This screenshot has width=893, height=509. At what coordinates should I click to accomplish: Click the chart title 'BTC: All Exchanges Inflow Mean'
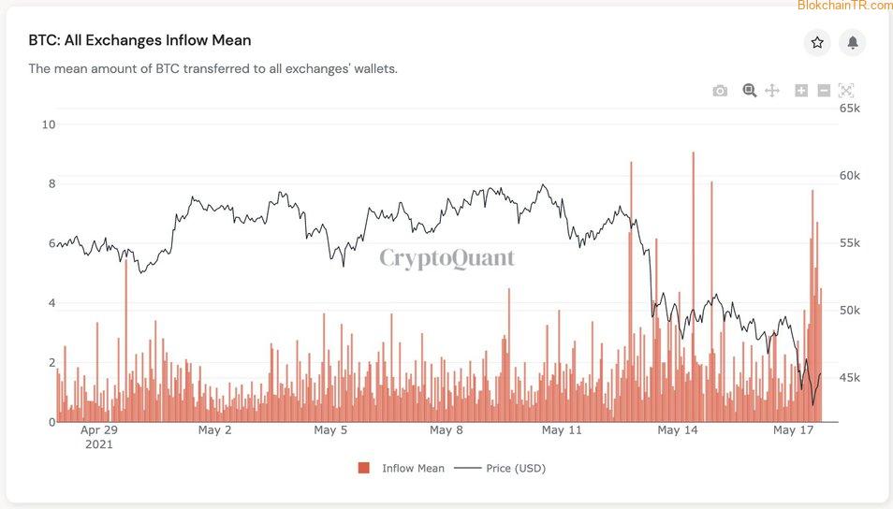pyautogui.click(x=139, y=40)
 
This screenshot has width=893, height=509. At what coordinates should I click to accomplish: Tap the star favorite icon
pyautogui.click(x=817, y=42)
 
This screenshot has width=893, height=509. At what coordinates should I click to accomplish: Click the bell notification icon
pyautogui.click(x=853, y=42)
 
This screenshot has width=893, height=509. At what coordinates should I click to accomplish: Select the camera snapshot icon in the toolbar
pyautogui.click(x=720, y=91)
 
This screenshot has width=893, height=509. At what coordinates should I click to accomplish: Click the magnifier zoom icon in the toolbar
pyautogui.click(x=749, y=91)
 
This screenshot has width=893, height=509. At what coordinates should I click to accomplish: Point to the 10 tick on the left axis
pyautogui.click(x=49, y=124)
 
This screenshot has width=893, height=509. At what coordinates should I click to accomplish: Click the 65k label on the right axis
pyautogui.click(x=850, y=109)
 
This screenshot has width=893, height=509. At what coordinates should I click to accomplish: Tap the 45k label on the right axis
pyautogui.click(x=850, y=378)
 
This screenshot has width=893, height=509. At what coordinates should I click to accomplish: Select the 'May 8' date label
pyautogui.click(x=446, y=430)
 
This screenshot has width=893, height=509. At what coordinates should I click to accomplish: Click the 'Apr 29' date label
pyautogui.click(x=98, y=430)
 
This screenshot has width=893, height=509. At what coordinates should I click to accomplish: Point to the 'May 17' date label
pyautogui.click(x=794, y=430)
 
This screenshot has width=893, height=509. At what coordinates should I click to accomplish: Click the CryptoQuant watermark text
pyautogui.click(x=446, y=258)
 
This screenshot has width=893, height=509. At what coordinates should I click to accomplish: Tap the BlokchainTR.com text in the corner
pyautogui.click(x=844, y=6)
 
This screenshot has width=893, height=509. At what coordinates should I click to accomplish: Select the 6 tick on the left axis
pyautogui.click(x=51, y=243)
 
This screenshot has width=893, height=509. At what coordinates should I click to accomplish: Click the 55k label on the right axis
pyautogui.click(x=850, y=243)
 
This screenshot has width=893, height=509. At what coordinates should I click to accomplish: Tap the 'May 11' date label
pyautogui.click(x=562, y=430)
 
